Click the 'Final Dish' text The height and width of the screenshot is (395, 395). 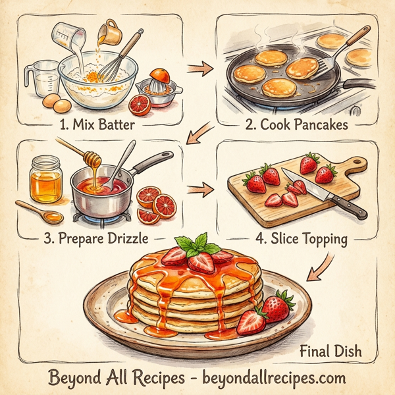coord(330,351)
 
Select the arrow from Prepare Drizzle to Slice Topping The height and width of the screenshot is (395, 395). coord(196,190)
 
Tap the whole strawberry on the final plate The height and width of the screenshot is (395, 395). coord(278,305)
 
